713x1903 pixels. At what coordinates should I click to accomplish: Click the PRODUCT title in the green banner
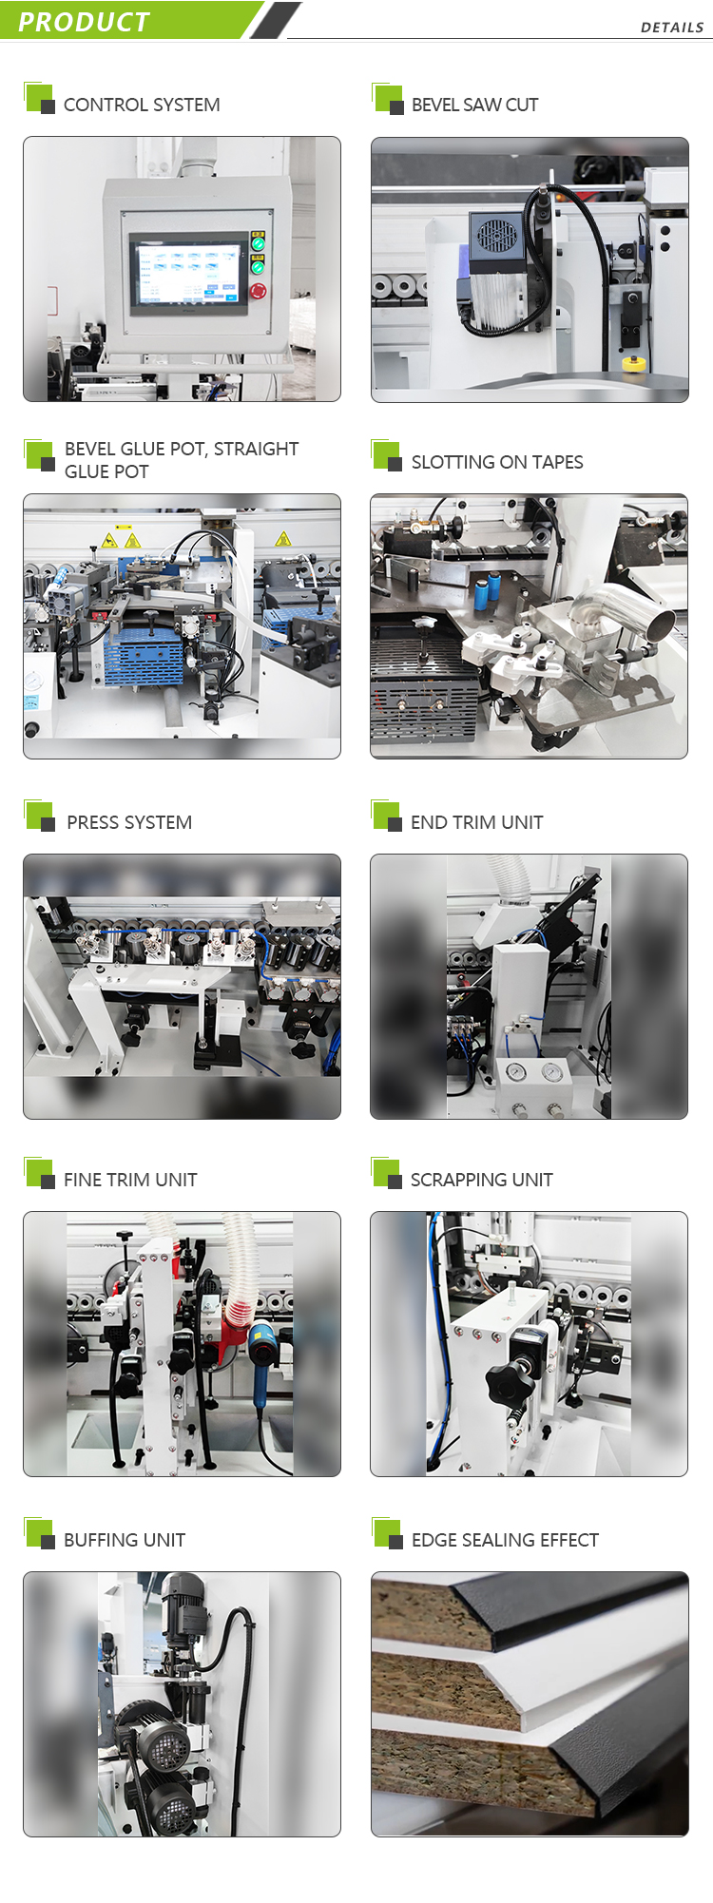click(84, 22)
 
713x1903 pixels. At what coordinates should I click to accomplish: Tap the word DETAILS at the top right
click(671, 28)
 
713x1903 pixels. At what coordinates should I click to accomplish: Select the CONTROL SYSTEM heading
click(142, 105)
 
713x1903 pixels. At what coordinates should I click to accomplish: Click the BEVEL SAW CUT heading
click(474, 105)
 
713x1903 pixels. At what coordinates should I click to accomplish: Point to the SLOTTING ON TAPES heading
click(496, 462)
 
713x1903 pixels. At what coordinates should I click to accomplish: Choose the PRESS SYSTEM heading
click(129, 822)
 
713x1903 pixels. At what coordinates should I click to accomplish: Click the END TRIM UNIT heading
click(476, 822)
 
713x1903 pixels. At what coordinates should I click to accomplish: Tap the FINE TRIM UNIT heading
click(130, 1180)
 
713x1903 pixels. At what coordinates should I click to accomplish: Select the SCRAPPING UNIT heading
click(481, 1180)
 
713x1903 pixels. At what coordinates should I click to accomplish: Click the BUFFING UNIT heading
click(125, 1540)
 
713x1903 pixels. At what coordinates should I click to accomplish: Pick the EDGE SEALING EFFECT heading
click(505, 1540)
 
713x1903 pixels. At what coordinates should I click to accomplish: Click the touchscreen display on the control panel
click(188, 273)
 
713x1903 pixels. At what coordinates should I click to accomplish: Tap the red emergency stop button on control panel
click(258, 290)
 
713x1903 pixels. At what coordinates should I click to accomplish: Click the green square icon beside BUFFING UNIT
click(38, 1532)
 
